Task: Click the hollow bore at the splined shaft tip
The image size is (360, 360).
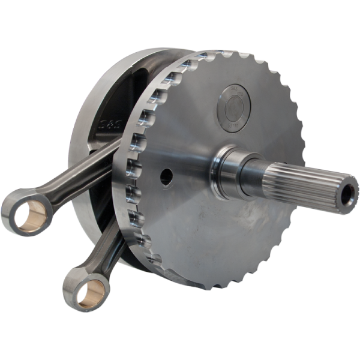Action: pos(347,193)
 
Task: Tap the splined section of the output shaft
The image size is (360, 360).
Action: pos(300,183)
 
